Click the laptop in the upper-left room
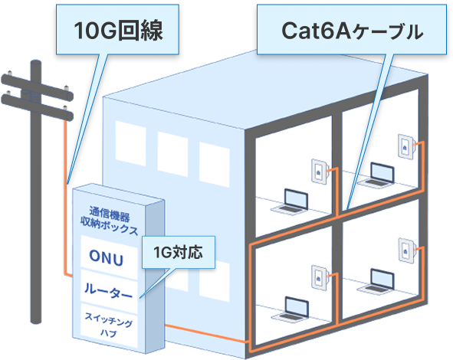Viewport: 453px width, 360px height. pos(292,201)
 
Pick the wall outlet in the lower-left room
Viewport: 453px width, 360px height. pos(317,274)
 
